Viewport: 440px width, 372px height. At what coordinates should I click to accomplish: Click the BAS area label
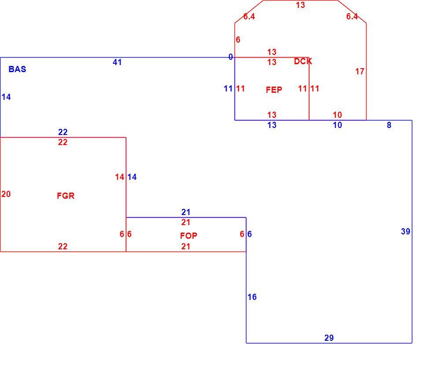tap(17, 69)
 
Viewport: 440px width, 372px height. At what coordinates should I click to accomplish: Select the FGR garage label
tap(66, 196)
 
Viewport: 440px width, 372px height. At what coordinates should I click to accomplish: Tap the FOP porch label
tap(189, 236)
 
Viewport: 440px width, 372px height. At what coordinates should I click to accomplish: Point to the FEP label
tap(274, 90)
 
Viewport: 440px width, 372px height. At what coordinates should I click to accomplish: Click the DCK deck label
tap(303, 62)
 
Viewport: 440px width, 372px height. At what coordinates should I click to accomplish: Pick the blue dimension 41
tap(117, 62)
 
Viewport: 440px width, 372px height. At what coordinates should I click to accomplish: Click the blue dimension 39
tap(406, 232)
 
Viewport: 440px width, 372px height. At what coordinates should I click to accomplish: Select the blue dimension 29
tap(329, 338)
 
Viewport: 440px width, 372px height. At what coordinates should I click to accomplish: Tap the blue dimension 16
tap(252, 297)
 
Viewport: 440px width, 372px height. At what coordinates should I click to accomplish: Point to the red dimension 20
tap(6, 194)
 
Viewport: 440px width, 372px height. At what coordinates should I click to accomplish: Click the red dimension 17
tap(360, 72)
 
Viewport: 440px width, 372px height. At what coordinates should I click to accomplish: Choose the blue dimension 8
tap(389, 125)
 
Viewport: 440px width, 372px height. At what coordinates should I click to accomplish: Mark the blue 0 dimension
tap(231, 57)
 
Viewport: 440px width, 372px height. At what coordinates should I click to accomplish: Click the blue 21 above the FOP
tap(186, 212)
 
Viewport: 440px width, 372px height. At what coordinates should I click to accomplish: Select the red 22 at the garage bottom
tap(62, 246)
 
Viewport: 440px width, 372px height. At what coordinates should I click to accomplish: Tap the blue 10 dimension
tap(337, 125)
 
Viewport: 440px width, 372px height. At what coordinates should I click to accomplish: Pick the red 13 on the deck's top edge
tap(300, 5)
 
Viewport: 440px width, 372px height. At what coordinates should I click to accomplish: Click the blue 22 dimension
tap(63, 132)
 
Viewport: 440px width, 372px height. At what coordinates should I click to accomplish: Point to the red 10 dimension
tap(337, 115)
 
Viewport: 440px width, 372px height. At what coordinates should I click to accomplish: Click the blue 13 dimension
tap(272, 125)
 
